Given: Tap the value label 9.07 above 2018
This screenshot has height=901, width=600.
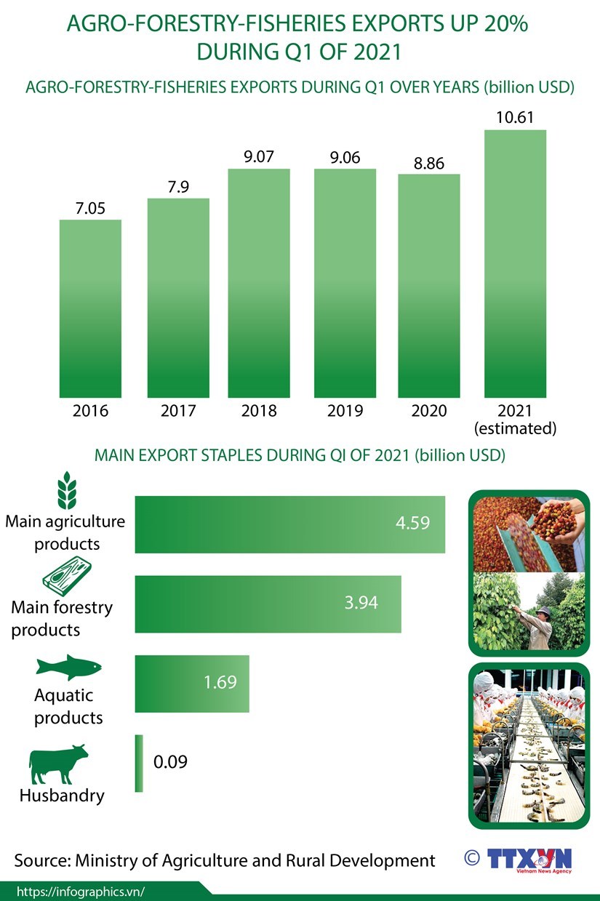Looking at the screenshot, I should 259,156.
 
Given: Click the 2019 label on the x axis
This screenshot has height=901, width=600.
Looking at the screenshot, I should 345,411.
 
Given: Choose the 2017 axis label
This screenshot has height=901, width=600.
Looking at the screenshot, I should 178,411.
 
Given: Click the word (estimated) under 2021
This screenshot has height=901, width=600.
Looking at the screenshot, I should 515,428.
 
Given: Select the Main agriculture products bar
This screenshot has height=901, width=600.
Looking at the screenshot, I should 289,524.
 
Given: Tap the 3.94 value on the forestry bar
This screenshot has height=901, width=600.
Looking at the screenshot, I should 361,603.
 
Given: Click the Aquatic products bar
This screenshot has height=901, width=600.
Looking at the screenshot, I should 192,684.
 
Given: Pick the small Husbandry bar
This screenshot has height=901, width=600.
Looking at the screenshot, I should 139,763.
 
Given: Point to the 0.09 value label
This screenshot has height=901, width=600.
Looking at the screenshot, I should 171,762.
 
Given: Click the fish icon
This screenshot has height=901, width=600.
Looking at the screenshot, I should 68,666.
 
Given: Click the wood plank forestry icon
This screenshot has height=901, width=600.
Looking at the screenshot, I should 67,575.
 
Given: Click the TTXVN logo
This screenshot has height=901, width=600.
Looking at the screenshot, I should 529,859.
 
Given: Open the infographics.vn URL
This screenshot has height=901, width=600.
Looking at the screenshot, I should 80,892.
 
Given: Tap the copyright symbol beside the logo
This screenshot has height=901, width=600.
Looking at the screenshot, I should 472,857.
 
